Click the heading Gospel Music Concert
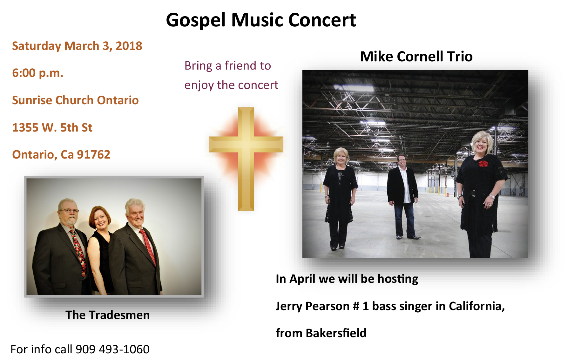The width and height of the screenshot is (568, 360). coord(261,20)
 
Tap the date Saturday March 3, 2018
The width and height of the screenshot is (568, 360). coord(77,46)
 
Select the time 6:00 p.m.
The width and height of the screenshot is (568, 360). coord(37,73)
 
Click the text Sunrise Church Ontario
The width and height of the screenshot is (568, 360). coord(75,100)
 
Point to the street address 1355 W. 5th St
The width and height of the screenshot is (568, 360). coord(52,127)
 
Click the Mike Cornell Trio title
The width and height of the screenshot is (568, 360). coord(416,57)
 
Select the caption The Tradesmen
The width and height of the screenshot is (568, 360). coord(107,315)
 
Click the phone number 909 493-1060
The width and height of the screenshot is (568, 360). coord(112,349)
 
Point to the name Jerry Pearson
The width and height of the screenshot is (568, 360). coord(313,306)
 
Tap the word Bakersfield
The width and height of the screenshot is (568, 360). coord(336,333)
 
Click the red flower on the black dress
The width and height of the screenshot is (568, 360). coord(483,164)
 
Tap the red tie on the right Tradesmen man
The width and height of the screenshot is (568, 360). coord(148,246)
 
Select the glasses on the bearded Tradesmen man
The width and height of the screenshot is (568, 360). coord(69,211)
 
